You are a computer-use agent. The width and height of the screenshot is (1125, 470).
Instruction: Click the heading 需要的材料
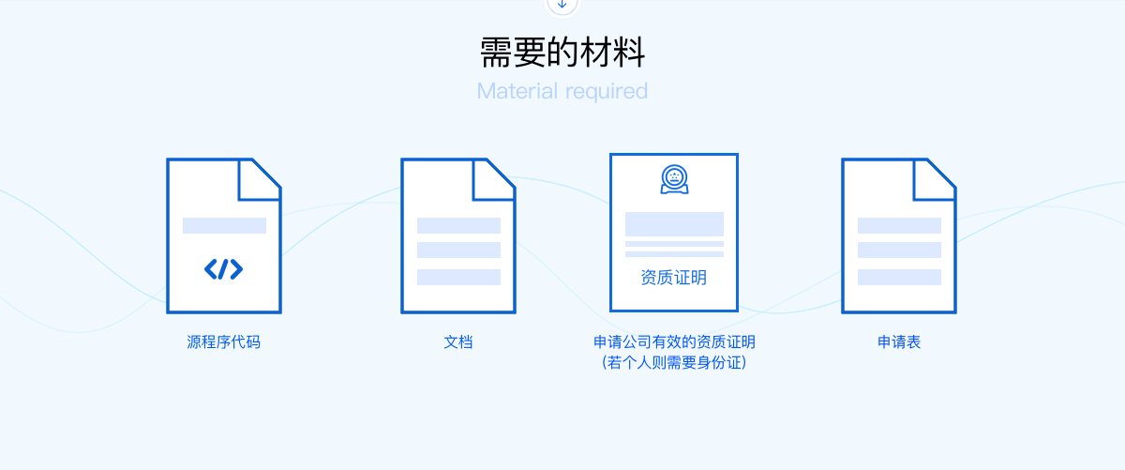562,53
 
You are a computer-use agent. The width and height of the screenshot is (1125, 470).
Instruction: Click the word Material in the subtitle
517,91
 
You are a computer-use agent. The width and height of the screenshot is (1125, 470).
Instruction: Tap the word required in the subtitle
607,92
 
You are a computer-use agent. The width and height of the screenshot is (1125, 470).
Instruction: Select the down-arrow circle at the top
562,5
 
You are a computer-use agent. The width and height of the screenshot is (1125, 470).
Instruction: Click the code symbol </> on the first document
223,269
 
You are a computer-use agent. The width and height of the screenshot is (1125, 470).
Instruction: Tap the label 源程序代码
223,342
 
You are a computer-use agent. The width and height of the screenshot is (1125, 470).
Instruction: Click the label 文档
458,342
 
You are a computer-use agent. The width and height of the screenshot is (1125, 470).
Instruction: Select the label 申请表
899,342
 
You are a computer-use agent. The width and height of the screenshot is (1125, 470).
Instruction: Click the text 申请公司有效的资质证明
674,342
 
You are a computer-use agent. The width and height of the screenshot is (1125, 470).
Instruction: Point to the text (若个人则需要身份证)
674,362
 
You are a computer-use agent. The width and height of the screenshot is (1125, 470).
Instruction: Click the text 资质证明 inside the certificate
673,278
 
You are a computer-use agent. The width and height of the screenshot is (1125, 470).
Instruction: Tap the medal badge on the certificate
674,179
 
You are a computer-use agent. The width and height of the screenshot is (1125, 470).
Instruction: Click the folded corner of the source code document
260,179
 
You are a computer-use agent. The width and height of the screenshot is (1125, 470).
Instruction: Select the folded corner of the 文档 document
494,179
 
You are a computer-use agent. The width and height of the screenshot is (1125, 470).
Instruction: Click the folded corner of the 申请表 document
935,179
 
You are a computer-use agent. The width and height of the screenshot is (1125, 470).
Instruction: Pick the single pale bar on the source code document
224,226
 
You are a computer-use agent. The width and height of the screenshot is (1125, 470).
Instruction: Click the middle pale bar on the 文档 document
458,250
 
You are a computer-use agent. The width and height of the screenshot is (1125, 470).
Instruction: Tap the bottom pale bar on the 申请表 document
899,277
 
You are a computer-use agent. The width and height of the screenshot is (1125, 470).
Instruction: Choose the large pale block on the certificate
674,224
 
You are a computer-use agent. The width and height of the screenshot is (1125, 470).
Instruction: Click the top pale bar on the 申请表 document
899,226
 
